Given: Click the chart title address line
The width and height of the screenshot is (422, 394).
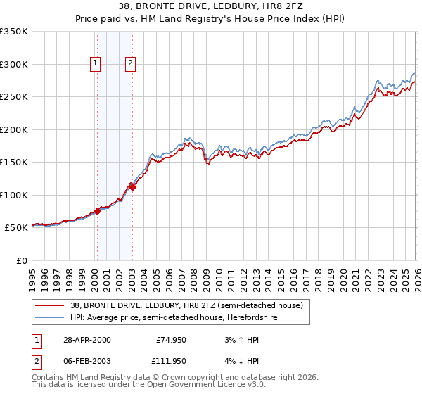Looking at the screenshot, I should tap(211, 6).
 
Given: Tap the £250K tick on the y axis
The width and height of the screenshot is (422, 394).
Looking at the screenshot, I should tap(15, 97).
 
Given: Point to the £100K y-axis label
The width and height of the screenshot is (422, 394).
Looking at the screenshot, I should tap(15, 195).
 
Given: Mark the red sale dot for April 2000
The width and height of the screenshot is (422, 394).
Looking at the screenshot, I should tap(97, 212).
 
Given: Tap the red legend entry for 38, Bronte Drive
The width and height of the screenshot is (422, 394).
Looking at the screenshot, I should tap(186, 305).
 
